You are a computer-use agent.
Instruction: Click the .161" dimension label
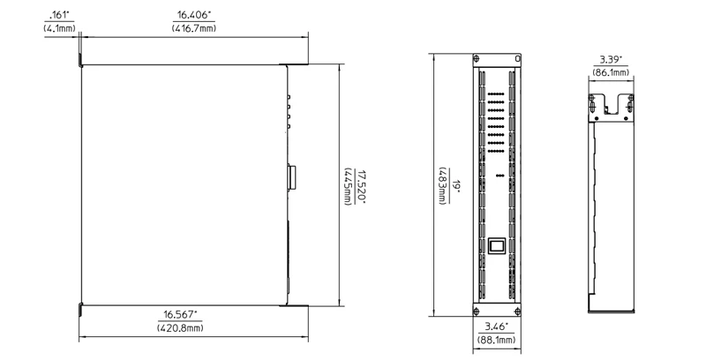pyautogui.click(x=58, y=16)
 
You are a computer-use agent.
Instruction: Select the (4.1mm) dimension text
pyautogui.click(x=58, y=28)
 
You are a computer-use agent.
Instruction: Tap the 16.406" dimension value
pyautogui.click(x=194, y=16)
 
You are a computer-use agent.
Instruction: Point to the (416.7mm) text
pyautogui.click(x=194, y=28)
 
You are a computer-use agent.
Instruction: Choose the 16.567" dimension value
pyautogui.click(x=180, y=314)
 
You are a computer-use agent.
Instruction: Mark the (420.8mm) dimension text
pyautogui.click(x=180, y=327)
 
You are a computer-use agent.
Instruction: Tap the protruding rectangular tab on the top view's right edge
pyautogui.click(x=291, y=176)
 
